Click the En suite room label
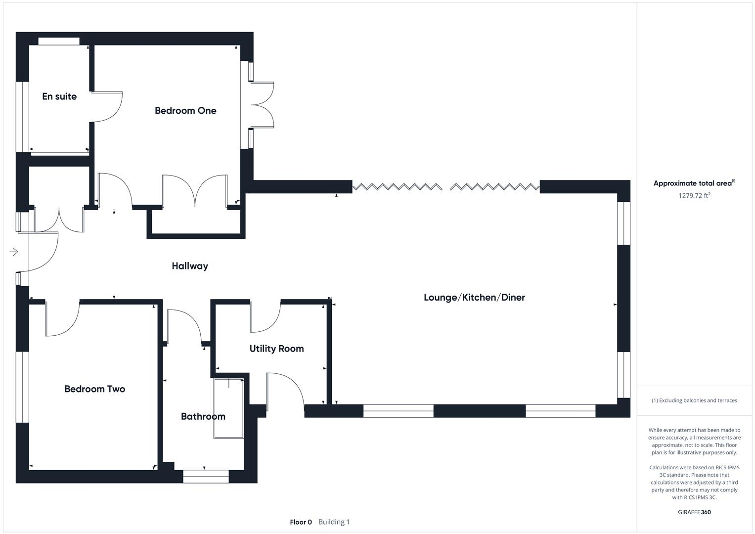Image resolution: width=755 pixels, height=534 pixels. click(x=59, y=96)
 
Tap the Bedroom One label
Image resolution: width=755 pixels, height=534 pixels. click(x=185, y=111)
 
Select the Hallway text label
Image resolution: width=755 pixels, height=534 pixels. click(x=190, y=266)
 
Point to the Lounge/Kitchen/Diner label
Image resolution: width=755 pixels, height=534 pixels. click(x=474, y=297)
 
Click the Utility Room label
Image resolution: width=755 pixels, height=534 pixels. click(x=276, y=349)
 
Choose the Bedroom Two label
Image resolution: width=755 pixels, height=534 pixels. click(x=94, y=389)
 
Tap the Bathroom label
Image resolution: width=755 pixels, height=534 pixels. click(x=203, y=416)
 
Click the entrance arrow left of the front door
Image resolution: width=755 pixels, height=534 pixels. click(x=14, y=252)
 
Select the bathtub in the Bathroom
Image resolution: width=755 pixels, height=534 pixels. click(x=228, y=408)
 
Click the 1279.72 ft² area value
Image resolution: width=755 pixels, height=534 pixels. click(x=694, y=195)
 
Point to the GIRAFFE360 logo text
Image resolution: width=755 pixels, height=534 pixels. click(x=694, y=512)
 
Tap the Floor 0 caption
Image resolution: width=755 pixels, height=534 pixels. click(x=301, y=522)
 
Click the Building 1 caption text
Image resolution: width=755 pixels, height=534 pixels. click(x=334, y=522)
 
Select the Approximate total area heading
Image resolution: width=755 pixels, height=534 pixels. click(x=694, y=183)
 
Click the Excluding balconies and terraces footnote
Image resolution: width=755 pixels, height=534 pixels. click(x=694, y=400)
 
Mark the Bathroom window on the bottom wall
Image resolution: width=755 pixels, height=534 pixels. click(x=206, y=476)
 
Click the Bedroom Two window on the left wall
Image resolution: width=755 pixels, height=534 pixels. click(x=22, y=387)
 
